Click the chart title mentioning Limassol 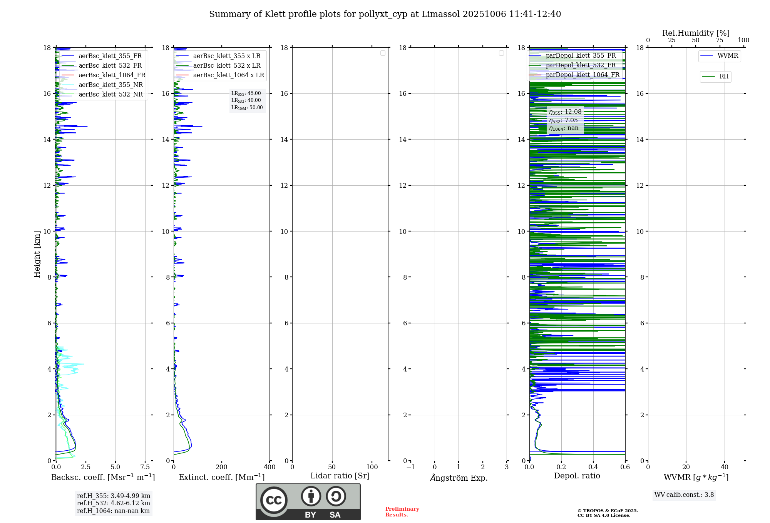pyautogui.click(x=385, y=14)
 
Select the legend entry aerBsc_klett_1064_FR pyautogui.click(x=112, y=75)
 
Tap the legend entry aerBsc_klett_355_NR pyautogui.click(x=110, y=85)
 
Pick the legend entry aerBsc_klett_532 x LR pyautogui.click(x=226, y=65)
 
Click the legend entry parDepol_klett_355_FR pyautogui.click(x=581, y=55)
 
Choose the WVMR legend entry pyautogui.click(x=727, y=56)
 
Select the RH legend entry pyautogui.click(x=723, y=77)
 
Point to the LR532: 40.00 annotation pyautogui.click(x=246, y=100)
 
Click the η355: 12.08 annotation pyautogui.click(x=565, y=112)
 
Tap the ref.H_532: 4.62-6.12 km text pyautogui.click(x=113, y=503)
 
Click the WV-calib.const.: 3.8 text pyautogui.click(x=684, y=495)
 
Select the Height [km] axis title pyautogui.click(x=37, y=254)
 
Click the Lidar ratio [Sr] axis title pyautogui.click(x=340, y=476)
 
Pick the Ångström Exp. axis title pyautogui.click(x=459, y=478)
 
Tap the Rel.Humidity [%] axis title pyautogui.click(x=696, y=33)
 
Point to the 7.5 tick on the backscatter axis pyautogui.click(x=145, y=467)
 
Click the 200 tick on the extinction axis pyautogui.click(x=222, y=467)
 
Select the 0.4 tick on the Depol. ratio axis pyautogui.click(x=593, y=467)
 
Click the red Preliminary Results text pyautogui.click(x=402, y=512)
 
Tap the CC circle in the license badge pyautogui.click(x=274, y=500)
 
